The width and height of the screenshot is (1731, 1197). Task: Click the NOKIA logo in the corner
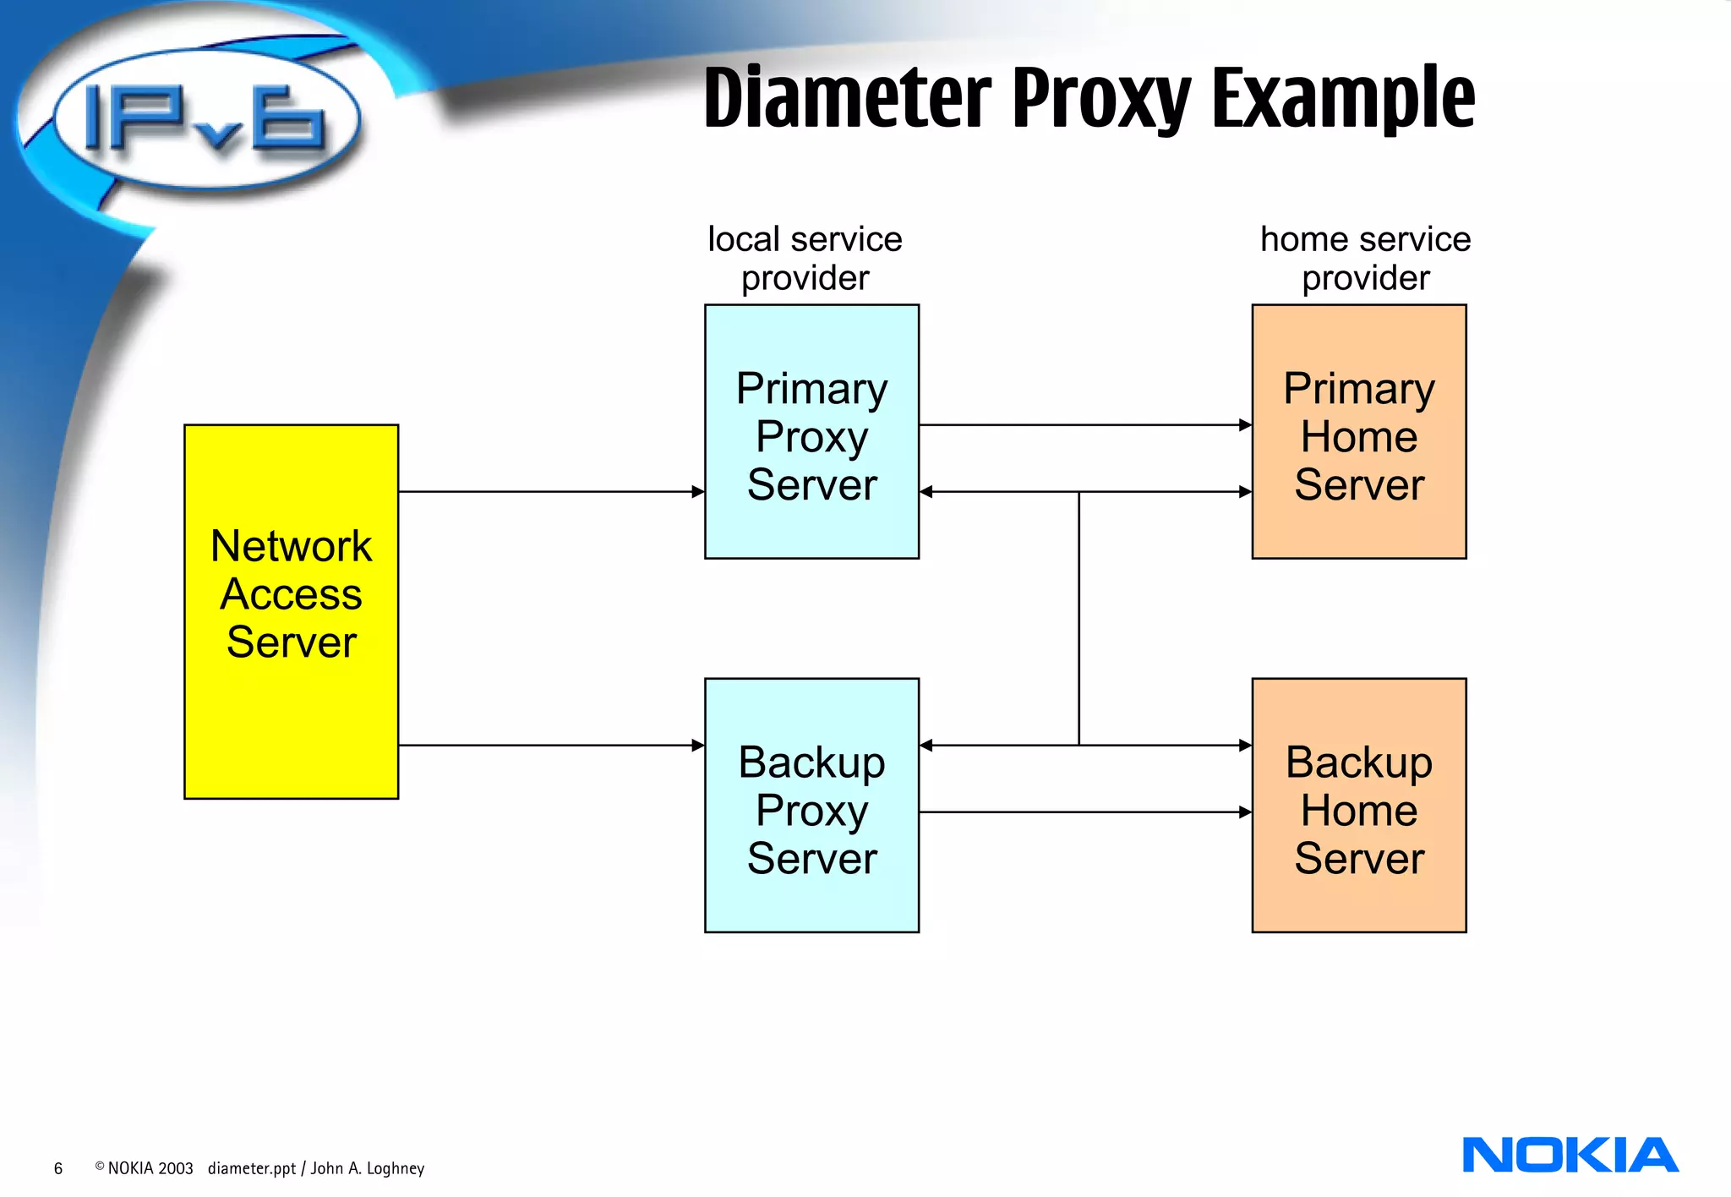[1570, 1155]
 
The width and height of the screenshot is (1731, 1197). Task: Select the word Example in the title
[1343, 99]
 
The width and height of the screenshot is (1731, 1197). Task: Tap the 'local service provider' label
[805, 258]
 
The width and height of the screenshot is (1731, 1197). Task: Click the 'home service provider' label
[1365, 258]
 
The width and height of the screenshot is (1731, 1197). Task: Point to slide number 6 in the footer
[58, 1168]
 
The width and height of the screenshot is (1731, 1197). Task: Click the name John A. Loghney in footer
[368, 1168]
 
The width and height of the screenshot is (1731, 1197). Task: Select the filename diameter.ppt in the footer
[252, 1168]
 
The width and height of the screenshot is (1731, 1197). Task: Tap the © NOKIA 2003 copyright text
[145, 1168]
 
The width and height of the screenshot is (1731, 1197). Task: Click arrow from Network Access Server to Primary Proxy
[549, 491]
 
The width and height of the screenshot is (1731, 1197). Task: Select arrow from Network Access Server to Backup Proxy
[549, 745]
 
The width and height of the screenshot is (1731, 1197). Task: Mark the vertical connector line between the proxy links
[1078, 617]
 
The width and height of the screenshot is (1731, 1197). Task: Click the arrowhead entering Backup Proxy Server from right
[926, 745]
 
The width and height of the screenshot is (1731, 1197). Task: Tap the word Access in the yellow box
[291, 593]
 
